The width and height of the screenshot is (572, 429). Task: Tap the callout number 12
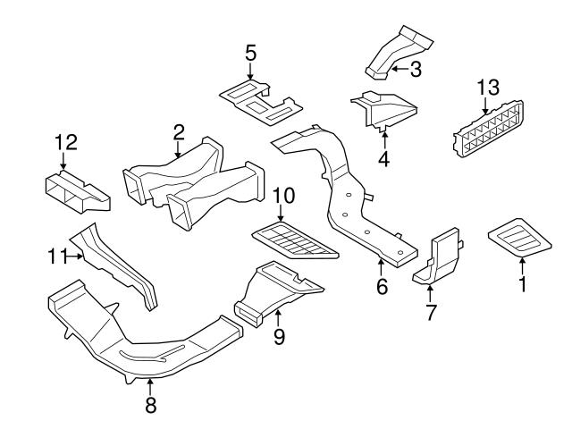point(66,141)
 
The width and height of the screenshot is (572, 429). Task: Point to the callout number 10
point(282,194)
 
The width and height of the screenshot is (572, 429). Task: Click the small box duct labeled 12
point(76,189)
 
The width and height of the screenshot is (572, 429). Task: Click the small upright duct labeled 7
point(438,257)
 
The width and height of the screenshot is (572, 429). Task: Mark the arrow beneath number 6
point(381,264)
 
